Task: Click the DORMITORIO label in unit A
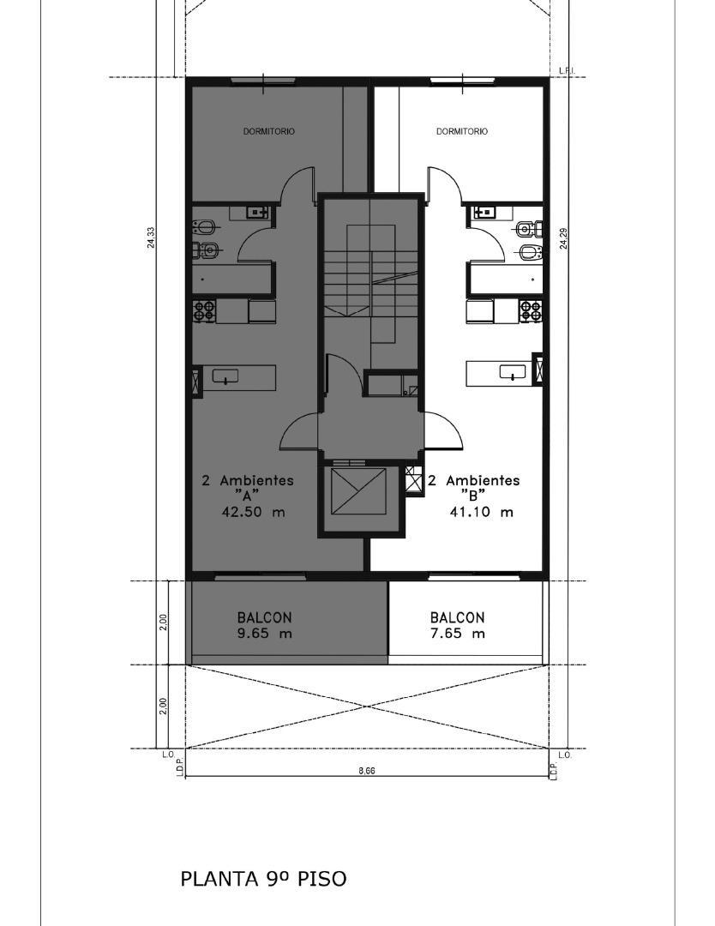coord(269,131)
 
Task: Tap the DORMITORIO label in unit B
coord(462,131)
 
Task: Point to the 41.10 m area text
coord(481,512)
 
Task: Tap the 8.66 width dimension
coord(366,771)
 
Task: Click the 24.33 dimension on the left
coord(152,238)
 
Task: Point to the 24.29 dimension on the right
coord(563,238)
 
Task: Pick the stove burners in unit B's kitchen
coord(531,310)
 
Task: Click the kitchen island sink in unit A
coord(226,376)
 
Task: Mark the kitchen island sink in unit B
coord(513,372)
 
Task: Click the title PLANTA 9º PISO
coord(263,878)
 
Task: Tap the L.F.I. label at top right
coord(565,70)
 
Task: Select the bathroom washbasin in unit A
coord(257,211)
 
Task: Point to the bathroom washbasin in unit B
coord(484,211)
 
